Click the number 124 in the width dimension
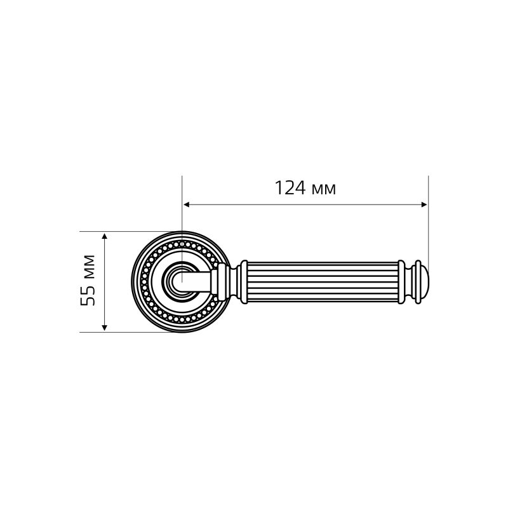click(290, 188)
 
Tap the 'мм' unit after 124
click(324, 190)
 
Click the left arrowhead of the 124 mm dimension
click(186, 204)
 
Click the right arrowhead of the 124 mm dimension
click(424, 204)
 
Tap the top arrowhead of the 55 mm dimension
click(104, 236)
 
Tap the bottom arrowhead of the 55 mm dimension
click(104, 328)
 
